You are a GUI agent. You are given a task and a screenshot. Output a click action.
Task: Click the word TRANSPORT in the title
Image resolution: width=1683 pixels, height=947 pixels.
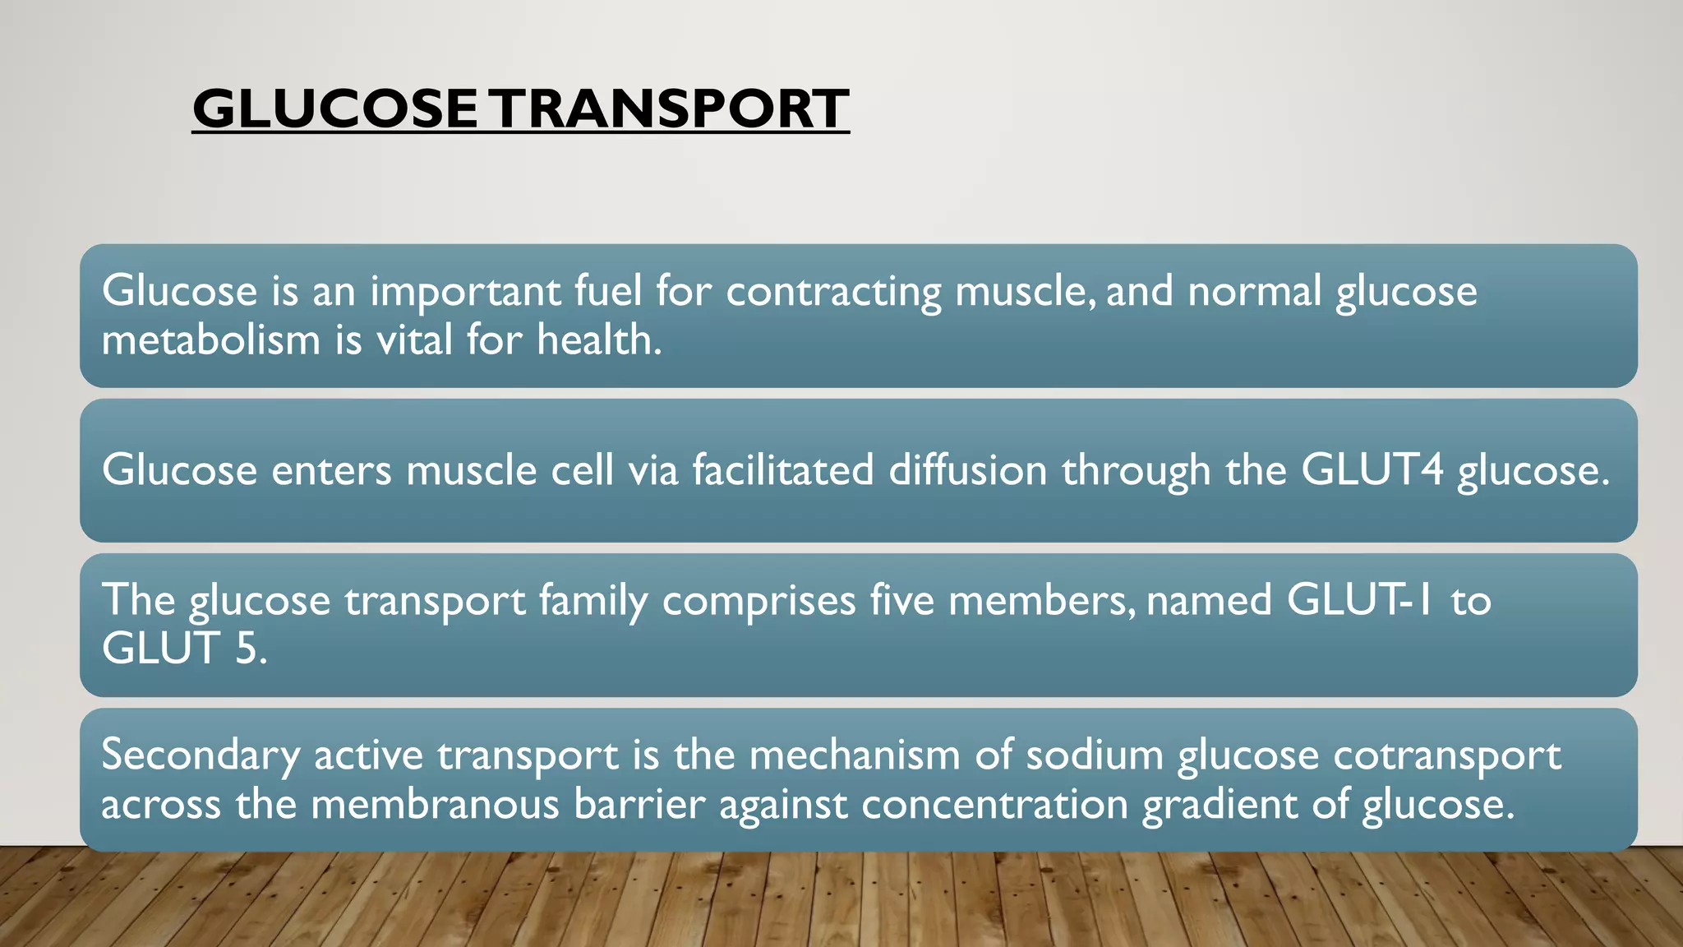point(671,109)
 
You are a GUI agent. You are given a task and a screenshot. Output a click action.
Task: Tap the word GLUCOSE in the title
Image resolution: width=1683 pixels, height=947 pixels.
point(334,109)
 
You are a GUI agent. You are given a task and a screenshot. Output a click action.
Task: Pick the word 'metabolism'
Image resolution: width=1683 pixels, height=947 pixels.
point(210,340)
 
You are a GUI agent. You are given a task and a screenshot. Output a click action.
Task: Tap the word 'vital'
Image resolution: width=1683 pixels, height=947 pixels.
point(414,340)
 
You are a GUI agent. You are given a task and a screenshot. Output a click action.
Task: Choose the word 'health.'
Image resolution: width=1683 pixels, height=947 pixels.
point(599,340)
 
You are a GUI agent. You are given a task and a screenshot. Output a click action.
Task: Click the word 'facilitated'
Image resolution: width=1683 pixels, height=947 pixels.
point(783,470)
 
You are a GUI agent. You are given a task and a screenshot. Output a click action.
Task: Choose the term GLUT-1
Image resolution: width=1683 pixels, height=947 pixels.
point(1359,600)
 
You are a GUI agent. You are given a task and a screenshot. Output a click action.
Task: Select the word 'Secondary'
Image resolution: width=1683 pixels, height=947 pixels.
point(201,755)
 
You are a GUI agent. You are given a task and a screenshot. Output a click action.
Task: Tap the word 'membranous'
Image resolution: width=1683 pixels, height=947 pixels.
point(435,804)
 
